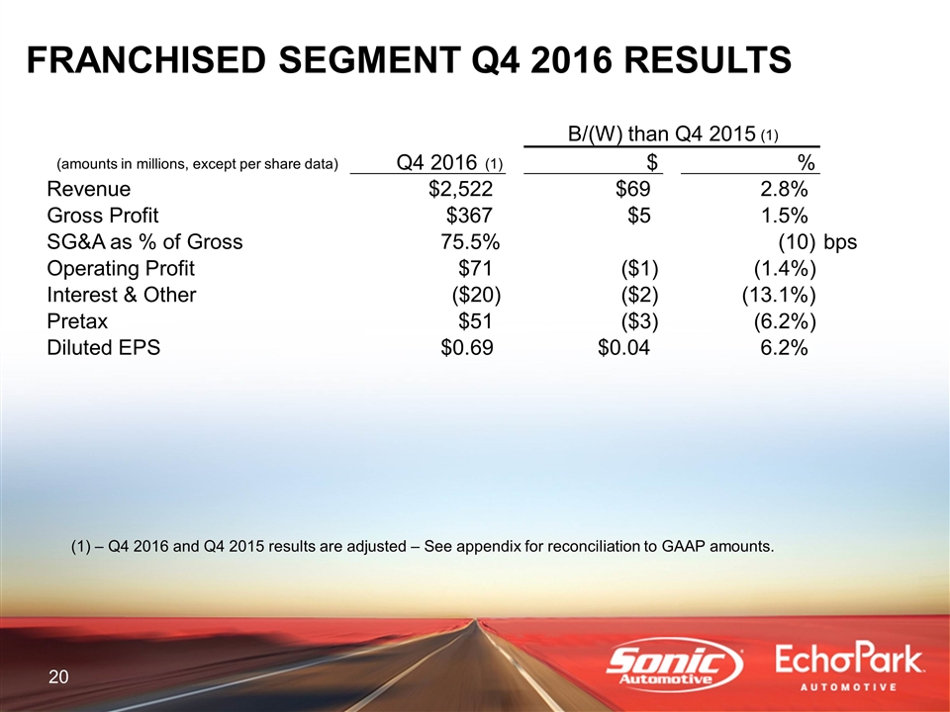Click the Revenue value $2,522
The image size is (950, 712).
click(460, 189)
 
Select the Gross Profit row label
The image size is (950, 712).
click(102, 215)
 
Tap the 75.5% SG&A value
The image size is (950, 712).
click(470, 241)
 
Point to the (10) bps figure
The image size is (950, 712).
click(817, 241)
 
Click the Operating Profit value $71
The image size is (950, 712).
click(475, 268)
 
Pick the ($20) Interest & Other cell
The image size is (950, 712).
click(476, 295)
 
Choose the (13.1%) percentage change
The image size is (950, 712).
click(779, 295)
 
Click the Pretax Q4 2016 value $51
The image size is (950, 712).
click(475, 320)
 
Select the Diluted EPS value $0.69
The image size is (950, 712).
click(466, 347)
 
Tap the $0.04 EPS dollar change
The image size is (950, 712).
click(624, 347)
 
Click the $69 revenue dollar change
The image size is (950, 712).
click(633, 189)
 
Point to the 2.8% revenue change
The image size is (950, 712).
click(784, 189)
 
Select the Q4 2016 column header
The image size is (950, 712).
click(449, 162)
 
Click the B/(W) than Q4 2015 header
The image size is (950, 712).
click(673, 133)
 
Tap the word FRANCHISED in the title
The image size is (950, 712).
click(146, 60)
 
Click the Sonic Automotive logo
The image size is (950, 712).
click(675, 665)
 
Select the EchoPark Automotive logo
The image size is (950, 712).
click(849, 667)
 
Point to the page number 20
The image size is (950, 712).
click(58, 676)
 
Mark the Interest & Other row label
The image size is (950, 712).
click(121, 295)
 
